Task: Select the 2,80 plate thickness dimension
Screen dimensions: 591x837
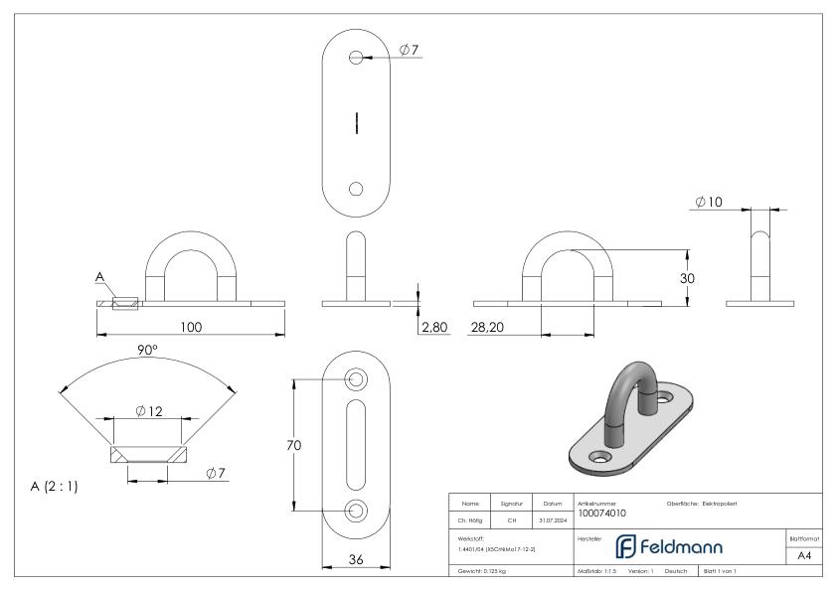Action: [x=434, y=326]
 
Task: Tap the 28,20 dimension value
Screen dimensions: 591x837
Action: [x=485, y=326]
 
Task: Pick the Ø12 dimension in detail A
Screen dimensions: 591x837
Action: [x=147, y=411]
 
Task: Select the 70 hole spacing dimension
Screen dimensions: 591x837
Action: [x=294, y=445]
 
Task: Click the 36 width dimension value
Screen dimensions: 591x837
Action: [x=356, y=559]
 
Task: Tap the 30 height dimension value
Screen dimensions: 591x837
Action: [x=687, y=279]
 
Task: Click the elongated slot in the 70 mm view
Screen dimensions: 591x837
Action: [x=356, y=445]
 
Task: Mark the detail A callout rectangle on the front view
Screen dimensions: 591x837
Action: [x=126, y=303]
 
